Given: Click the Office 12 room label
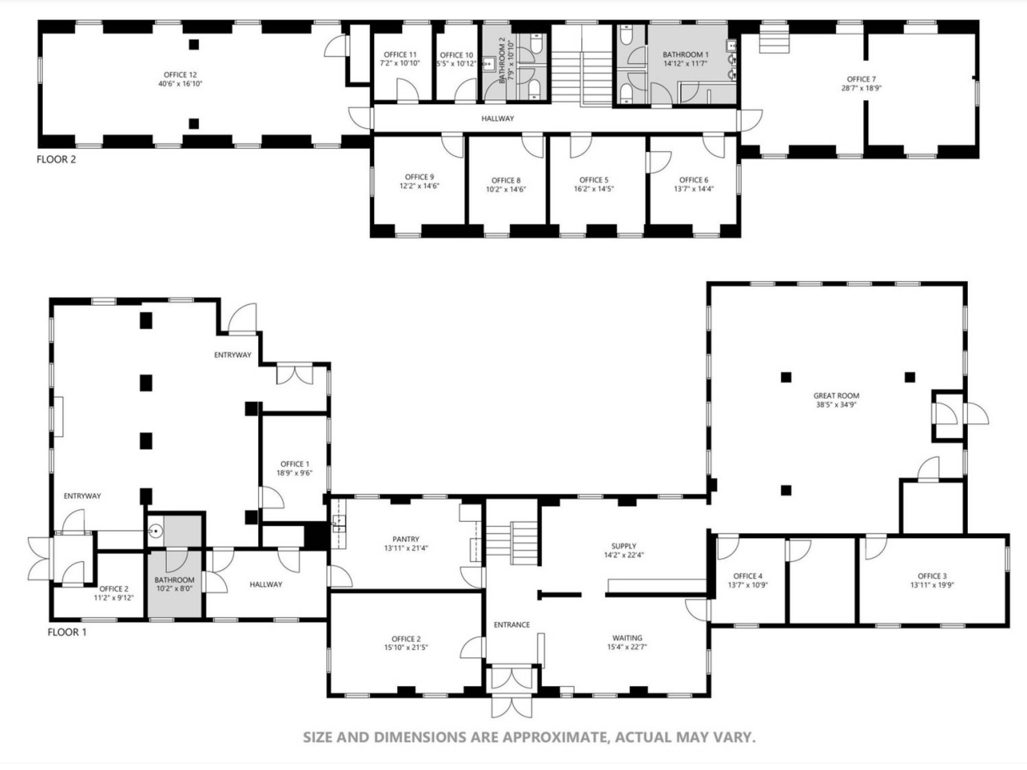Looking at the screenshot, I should (180, 75).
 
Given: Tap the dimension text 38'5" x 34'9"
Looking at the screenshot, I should (836, 404).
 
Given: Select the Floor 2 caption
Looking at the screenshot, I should (56, 160).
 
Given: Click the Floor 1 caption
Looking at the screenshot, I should (67, 632).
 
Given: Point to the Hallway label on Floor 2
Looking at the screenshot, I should (497, 118).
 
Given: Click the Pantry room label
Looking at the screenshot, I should (405, 539).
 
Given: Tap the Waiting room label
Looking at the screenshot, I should (627, 638).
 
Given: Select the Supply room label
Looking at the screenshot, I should (624, 546).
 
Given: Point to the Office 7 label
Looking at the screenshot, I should (861, 79).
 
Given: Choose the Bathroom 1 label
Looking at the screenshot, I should (685, 55).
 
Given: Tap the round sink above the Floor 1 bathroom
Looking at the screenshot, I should (156, 531).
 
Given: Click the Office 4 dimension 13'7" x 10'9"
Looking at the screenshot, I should (747, 585).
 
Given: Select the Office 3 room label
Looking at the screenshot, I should (932, 576).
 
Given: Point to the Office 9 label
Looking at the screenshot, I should (419, 177).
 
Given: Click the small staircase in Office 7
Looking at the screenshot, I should (774, 39).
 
